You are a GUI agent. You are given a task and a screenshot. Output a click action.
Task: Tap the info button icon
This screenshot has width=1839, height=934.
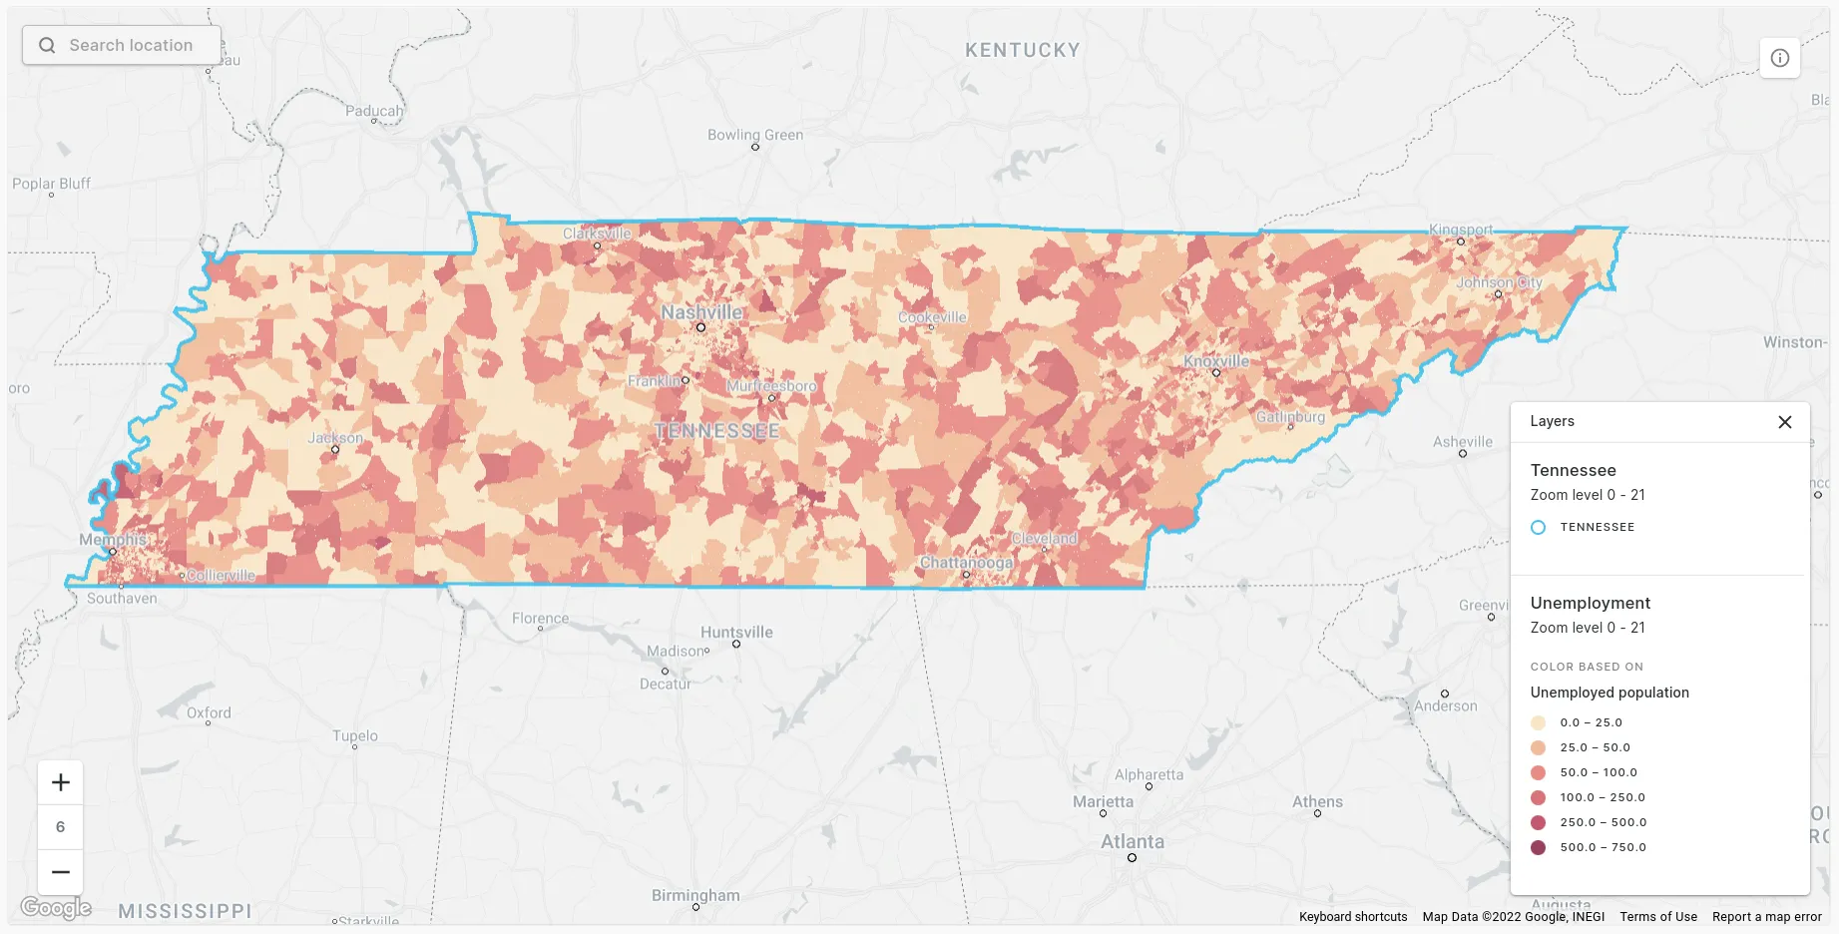pyautogui.click(x=1779, y=58)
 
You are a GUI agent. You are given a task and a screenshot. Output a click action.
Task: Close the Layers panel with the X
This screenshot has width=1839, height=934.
pyautogui.click(x=1784, y=422)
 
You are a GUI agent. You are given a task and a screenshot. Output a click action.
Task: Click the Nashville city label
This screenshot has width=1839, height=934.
pyautogui.click(x=701, y=312)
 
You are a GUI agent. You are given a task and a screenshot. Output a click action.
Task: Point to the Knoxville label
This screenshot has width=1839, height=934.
pyautogui.click(x=1215, y=361)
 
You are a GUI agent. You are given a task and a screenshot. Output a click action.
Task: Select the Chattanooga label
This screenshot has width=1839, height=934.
pyautogui.click(x=965, y=563)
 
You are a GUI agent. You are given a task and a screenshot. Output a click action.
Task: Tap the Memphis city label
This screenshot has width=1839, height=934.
pyautogui.click(x=113, y=540)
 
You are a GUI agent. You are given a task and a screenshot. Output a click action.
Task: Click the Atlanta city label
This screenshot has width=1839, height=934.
pyautogui.click(x=1132, y=842)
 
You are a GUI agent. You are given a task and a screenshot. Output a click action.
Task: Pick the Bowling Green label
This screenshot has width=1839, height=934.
pyautogui.click(x=754, y=135)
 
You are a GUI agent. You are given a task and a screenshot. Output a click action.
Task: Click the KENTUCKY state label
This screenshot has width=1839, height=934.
pyautogui.click(x=1022, y=50)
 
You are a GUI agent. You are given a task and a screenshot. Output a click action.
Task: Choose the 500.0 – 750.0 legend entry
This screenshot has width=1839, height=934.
pyautogui.click(x=1603, y=847)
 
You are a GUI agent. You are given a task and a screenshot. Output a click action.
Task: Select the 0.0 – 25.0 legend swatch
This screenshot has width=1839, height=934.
pyautogui.click(x=1538, y=722)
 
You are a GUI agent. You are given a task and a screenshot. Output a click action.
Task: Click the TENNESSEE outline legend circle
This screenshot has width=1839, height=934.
pyautogui.click(x=1538, y=527)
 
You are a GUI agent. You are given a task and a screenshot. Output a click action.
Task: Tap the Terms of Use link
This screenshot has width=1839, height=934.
pyautogui.click(x=1657, y=916)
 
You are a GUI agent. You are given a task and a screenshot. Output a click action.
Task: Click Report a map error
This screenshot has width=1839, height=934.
pyautogui.click(x=1766, y=916)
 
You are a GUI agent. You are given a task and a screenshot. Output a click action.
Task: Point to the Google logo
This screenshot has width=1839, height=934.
pyautogui.click(x=56, y=907)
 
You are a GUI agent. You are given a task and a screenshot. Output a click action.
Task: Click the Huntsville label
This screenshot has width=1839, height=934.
pyautogui.click(x=736, y=632)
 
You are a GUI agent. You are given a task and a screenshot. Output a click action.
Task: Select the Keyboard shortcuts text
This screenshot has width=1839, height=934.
pyautogui.click(x=1352, y=916)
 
